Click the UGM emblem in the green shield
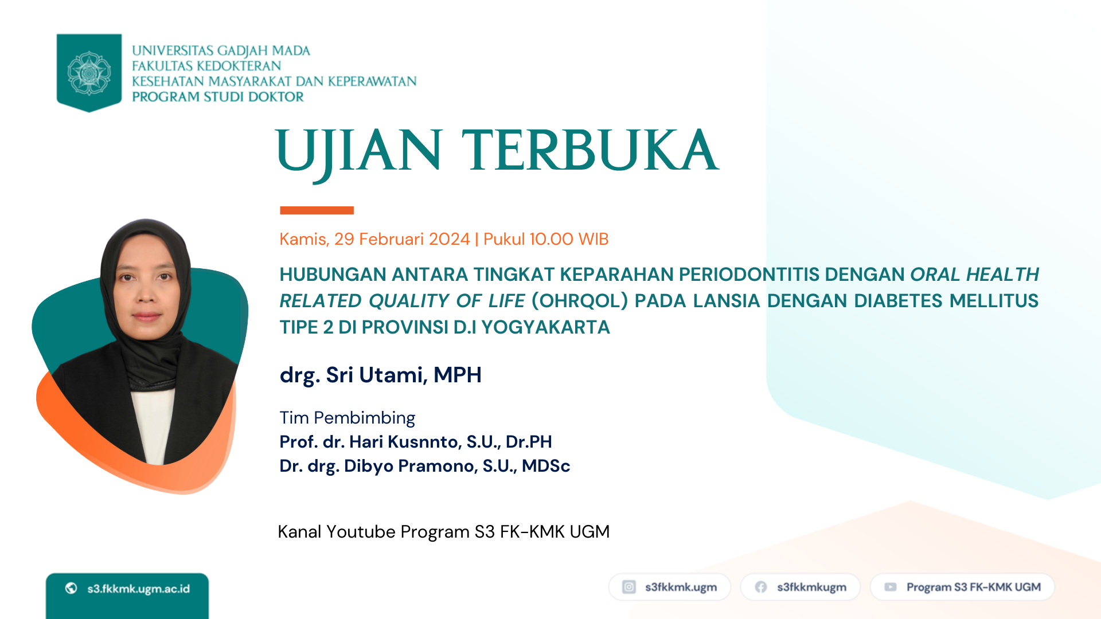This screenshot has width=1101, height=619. pyautogui.click(x=89, y=73)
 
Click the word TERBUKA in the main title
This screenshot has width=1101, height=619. pyautogui.click(x=591, y=150)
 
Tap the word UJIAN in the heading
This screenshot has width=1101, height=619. pyautogui.click(x=359, y=152)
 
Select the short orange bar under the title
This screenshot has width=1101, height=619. pyautogui.click(x=317, y=210)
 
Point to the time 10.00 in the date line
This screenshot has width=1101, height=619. pyautogui.click(x=551, y=239)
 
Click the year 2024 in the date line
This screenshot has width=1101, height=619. pyautogui.click(x=449, y=239)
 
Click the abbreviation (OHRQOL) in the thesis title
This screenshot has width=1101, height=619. pyautogui.click(x=580, y=301)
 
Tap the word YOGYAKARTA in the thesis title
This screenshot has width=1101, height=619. pyautogui.click(x=545, y=327)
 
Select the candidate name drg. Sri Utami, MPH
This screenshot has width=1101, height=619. pyautogui.click(x=380, y=375)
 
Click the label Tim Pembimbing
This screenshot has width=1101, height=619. pyautogui.click(x=347, y=418)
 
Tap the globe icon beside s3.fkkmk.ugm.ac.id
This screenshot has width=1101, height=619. pyautogui.click(x=71, y=588)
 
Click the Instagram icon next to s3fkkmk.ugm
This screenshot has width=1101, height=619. pyautogui.click(x=629, y=587)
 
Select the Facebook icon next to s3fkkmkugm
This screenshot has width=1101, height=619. pyautogui.click(x=761, y=587)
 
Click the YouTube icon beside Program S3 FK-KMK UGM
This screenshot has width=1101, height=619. pyautogui.click(x=891, y=587)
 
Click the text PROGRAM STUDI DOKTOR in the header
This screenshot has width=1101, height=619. pyautogui.click(x=218, y=97)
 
